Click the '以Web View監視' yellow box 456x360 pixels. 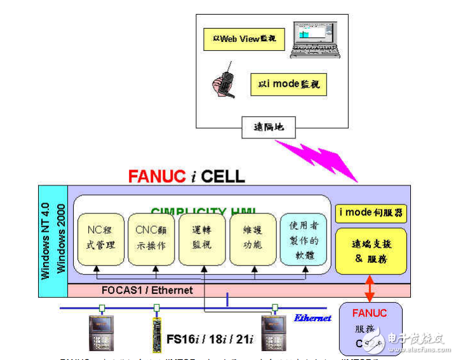pyautogui.click(x=244, y=39)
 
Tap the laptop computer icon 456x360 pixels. pyautogui.click(x=315, y=39)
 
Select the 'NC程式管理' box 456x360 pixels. pyautogui.click(x=101, y=239)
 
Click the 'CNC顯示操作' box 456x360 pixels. pyautogui.click(x=151, y=239)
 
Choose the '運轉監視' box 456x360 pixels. pyautogui.click(x=203, y=239)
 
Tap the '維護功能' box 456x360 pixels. pyautogui.click(x=253, y=239)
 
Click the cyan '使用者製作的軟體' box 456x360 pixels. pyautogui.click(x=304, y=239)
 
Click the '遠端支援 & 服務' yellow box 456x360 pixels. pyautogui.click(x=371, y=251)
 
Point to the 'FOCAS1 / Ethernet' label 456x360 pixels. pyautogui.click(x=147, y=290)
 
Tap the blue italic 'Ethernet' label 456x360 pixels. pyautogui.click(x=312, y=317)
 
